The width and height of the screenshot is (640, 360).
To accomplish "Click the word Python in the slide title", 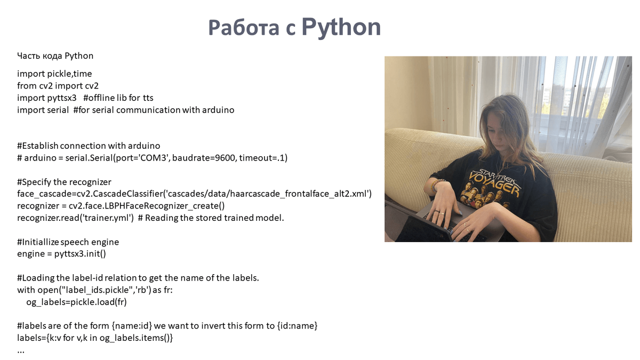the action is (341, 27).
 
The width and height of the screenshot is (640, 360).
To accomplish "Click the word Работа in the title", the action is (244, 28).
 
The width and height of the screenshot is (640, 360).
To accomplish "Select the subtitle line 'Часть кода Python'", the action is (55, 55).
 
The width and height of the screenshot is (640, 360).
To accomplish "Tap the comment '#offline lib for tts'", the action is (118, 98).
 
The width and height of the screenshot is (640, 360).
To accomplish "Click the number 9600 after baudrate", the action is (225, 158).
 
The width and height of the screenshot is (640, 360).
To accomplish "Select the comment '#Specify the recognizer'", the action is (65, 182).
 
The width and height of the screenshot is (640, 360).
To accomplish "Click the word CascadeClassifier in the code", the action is (127, 194).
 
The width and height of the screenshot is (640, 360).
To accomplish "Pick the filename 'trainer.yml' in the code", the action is (107, 218).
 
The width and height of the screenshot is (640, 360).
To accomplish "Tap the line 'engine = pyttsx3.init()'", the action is (61, 254).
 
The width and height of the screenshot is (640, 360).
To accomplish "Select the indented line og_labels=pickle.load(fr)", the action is (76, 302).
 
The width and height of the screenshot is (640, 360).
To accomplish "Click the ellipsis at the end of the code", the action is (21, 351).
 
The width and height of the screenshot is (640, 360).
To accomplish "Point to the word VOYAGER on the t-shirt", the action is (494, 183).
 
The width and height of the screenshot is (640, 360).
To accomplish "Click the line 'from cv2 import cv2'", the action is (58, 86).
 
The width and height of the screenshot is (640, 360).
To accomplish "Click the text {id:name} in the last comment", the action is (297, 326).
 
